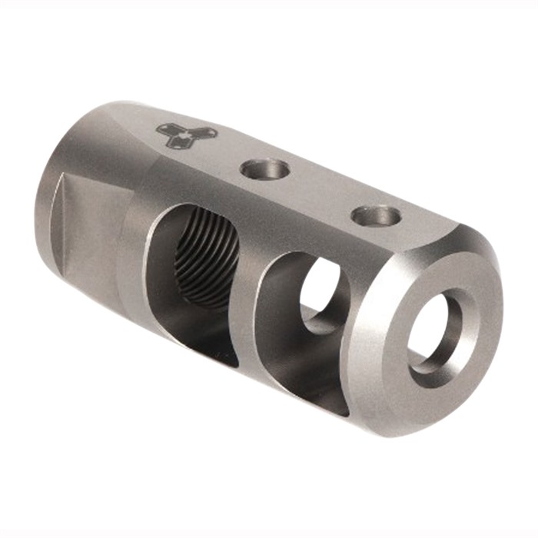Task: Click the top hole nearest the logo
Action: [x=264, y=168]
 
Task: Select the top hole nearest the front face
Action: [x=377, y=216]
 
